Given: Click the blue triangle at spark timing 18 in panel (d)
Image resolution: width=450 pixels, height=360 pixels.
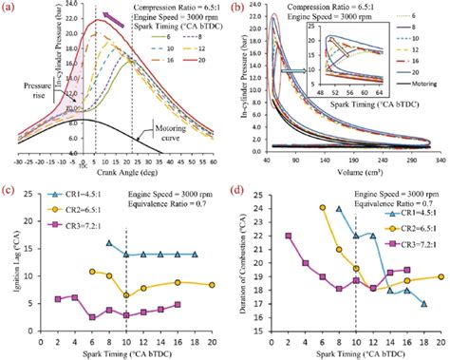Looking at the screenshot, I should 422,304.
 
